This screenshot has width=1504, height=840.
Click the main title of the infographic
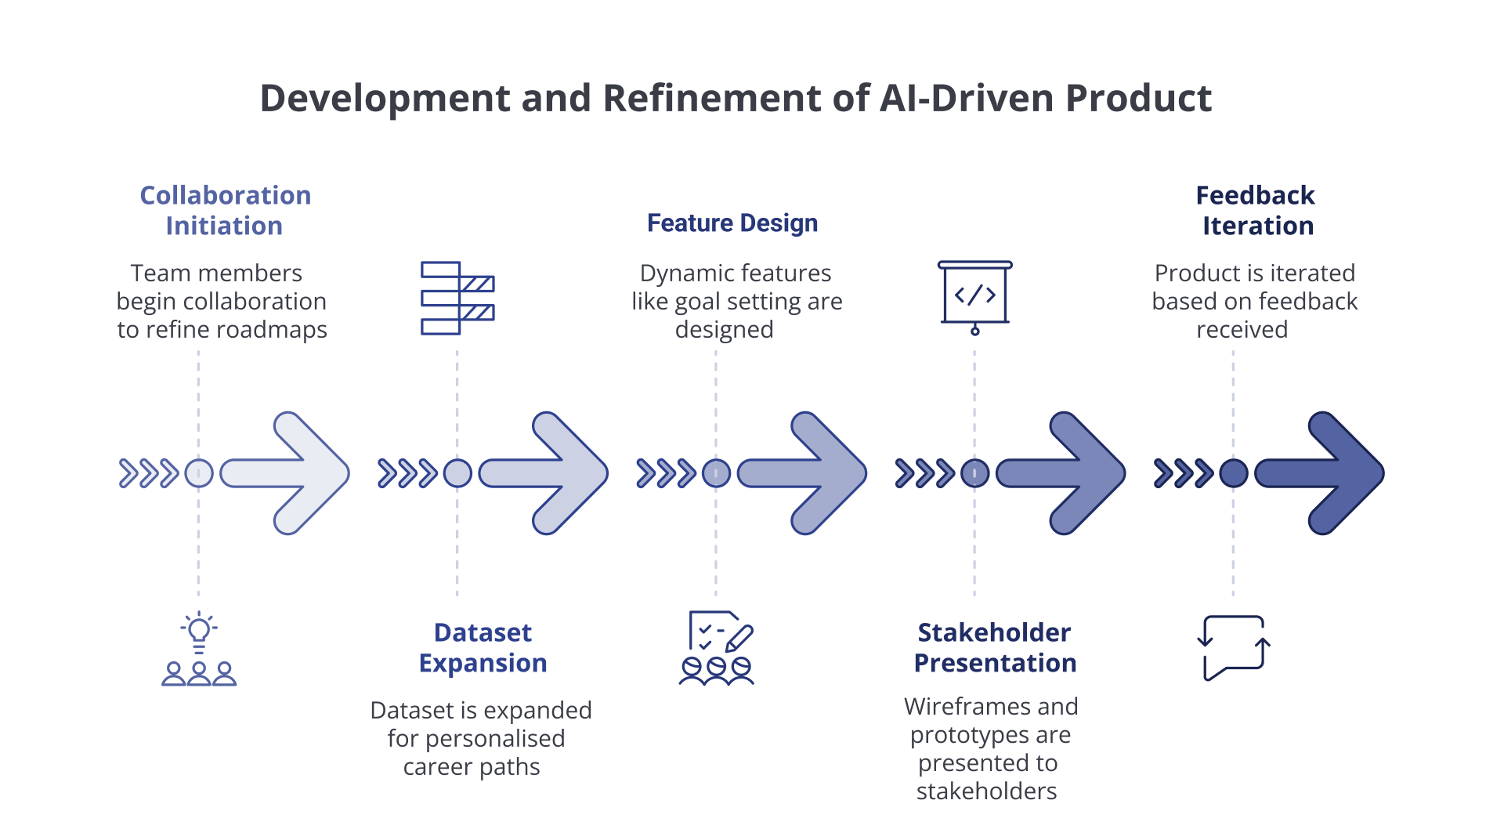pyautogui.click(x=736, y=99)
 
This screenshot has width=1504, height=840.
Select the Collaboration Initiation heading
pyautogui.click(x=225, y=210)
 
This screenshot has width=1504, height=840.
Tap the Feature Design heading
pyautogui.click(x=732, y=223)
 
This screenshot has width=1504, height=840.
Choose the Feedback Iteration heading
pyautogui.click(x=1256, y=210)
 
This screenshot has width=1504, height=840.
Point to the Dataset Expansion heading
pyautogui.click(x=483, y=647)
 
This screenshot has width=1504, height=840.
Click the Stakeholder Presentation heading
pyautogui.click(x=995, y=647)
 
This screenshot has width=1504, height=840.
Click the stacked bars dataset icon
pyautogui.click(x=457, y=299)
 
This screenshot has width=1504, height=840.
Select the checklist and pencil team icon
pyautogui.click(x=716, y=648)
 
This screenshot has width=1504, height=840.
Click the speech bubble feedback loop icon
pyautogui.click(x=1234, y=648)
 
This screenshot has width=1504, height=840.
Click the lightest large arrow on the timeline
pyautogui.click(x=284, y=473)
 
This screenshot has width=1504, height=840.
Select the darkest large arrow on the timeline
pyautogui.click(x=1320, y=473)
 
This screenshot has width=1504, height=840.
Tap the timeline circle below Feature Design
pyautogui.click(x=716, y=473)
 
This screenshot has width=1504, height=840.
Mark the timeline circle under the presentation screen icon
pyautogui.click(x=974, y=473)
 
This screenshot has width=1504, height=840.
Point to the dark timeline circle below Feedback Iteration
pyautogui.click(x=1234, y=473)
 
